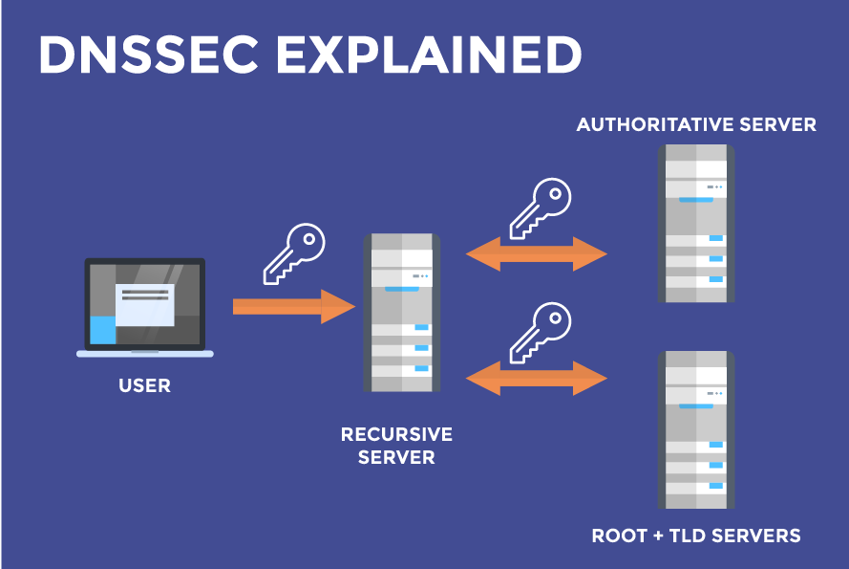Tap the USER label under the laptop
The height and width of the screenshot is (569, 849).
(x=145, y=386)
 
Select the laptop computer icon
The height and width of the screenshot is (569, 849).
(x=145, y=306)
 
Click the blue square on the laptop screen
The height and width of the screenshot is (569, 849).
(x=102, y=330)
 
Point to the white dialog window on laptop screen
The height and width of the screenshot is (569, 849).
(x=144, y=304)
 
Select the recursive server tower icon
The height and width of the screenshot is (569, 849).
(x=400, y=312)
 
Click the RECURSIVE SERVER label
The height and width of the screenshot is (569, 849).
(x=396, y=446)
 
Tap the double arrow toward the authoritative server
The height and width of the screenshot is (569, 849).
(x=537, y=254)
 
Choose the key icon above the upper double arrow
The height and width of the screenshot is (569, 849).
(x=540, y=207)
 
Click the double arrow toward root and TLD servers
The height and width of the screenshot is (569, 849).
(x=537, y=379)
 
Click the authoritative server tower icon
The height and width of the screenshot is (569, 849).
(x=696, y=224)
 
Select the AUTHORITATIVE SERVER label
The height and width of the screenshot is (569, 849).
(x=696, y=124)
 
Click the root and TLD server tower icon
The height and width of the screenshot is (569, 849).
(x=696, y=429)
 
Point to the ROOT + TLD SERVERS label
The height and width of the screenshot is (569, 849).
(x=696, y=535)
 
